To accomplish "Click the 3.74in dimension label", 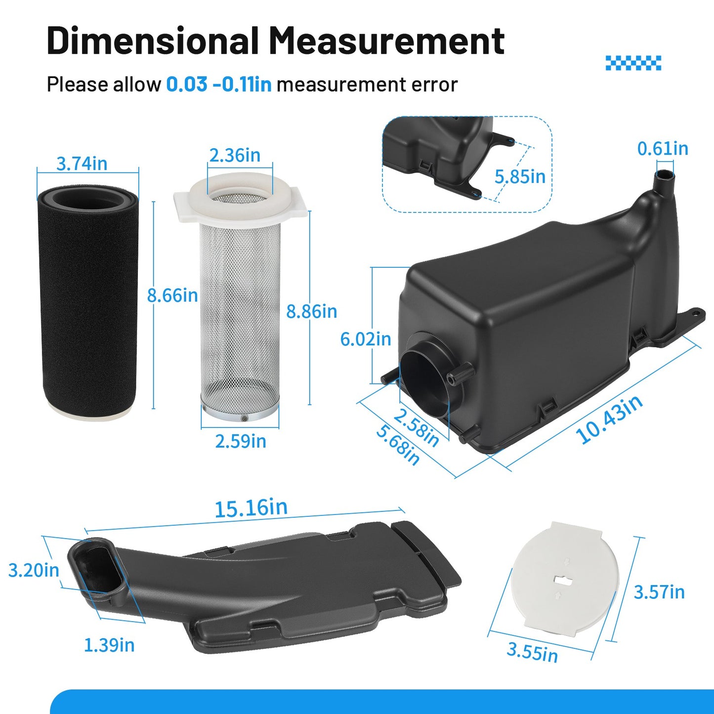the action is (x=82, y=164).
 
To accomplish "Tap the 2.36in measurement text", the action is (x=235, y=155).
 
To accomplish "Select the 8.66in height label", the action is (x=172, y=295).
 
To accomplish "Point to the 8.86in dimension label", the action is (x=312, y=311).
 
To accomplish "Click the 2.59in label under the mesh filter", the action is (x=241, y=441).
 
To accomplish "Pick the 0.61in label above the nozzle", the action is (x=663, y=149).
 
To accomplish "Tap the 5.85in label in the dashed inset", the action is (x=520, y=177).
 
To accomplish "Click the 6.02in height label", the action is (x=366, y=339).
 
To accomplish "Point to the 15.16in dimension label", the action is (x=251, y=508).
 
